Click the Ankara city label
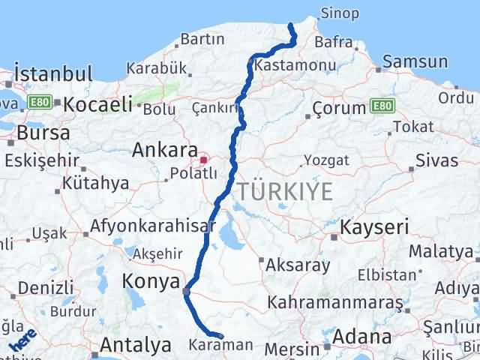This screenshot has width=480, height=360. [165, 150]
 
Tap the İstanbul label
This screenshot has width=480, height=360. [53, 74]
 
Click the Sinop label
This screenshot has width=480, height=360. [339, 13]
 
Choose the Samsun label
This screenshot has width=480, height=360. [415, 62]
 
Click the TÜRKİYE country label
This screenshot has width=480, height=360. [286, 191]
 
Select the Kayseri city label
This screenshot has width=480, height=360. [375, 226]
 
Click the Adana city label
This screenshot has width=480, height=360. [363, 337]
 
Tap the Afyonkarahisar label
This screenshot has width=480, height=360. [153, 225]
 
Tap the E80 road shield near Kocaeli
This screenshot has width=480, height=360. [39, 100]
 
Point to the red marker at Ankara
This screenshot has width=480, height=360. [203, 160]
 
